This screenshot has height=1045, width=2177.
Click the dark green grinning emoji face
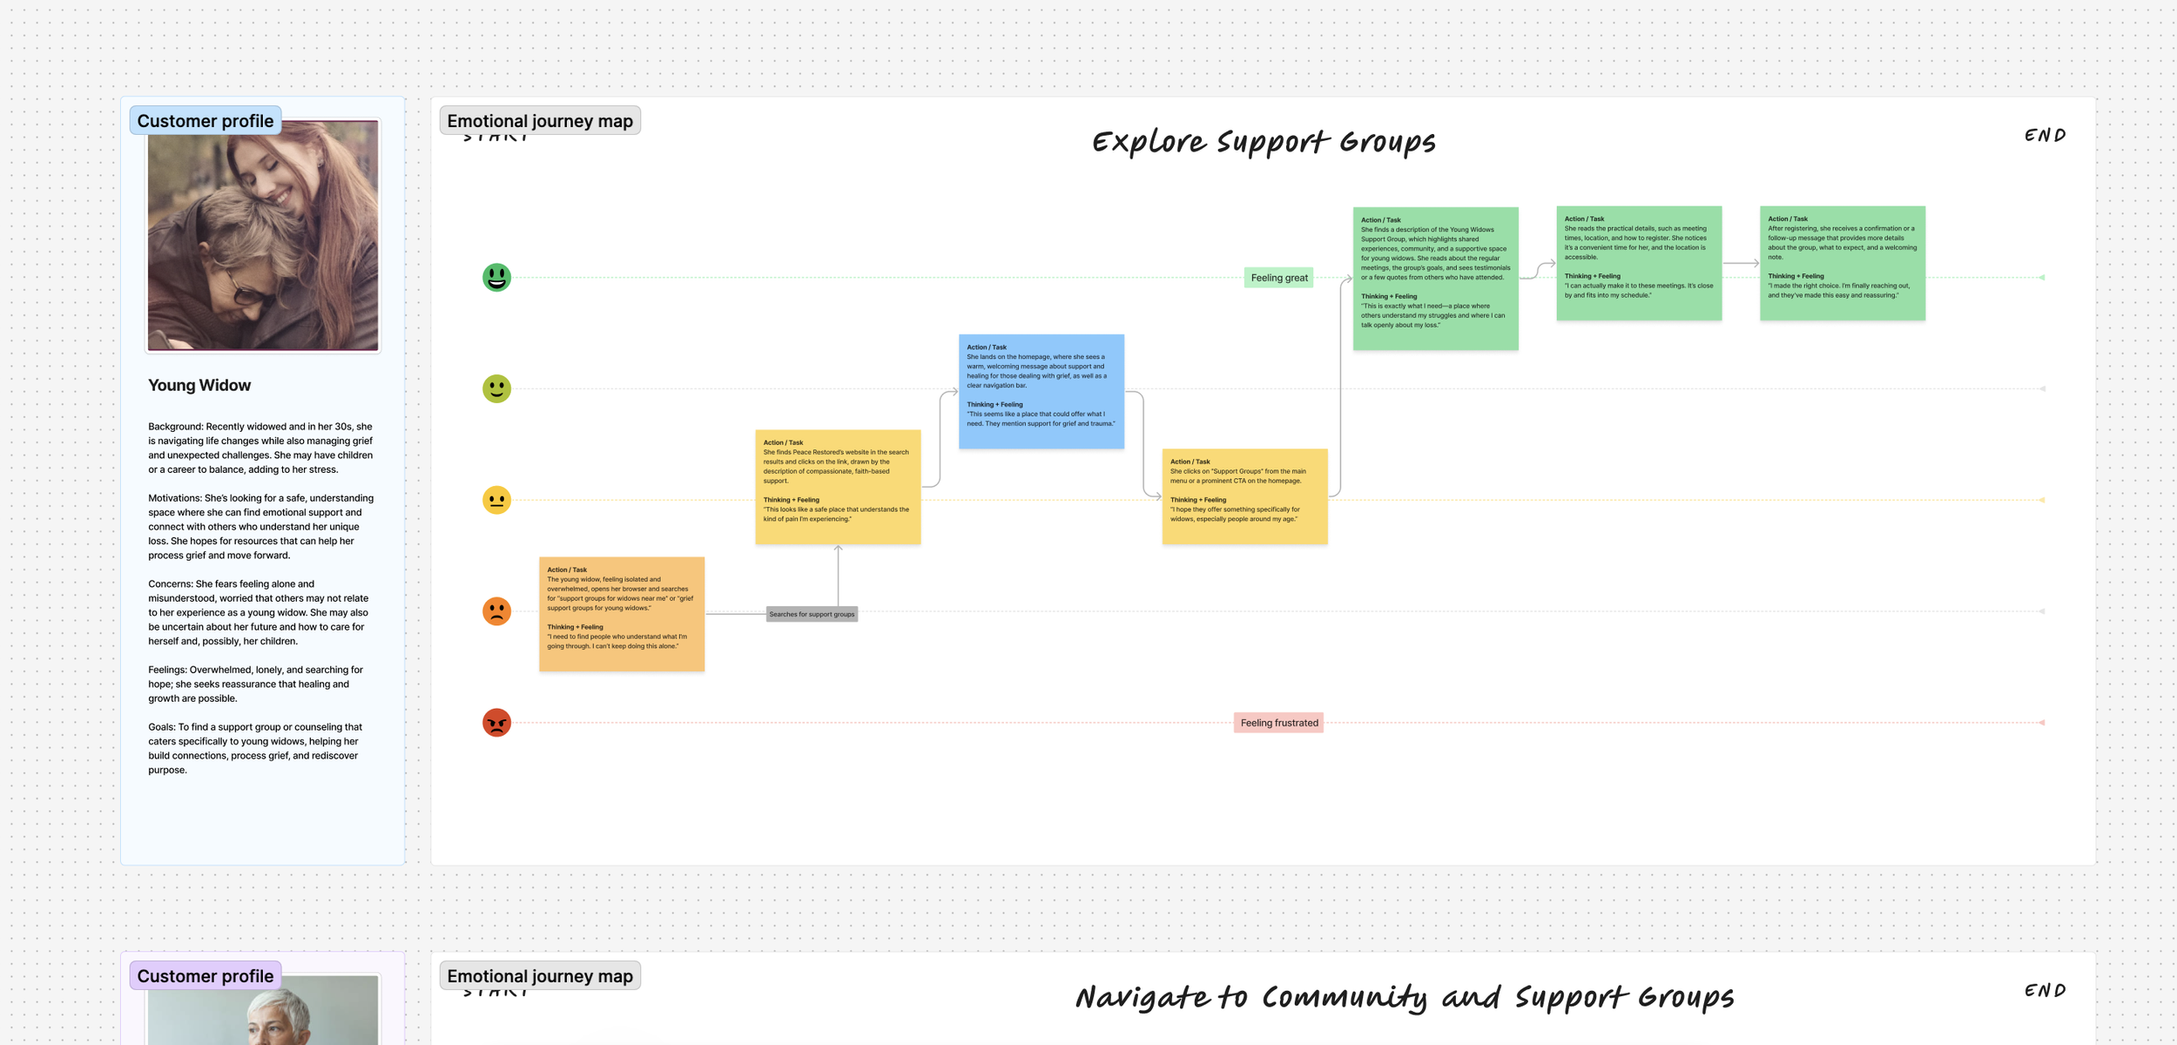coord(496,278)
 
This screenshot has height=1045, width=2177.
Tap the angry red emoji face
coord(496,723)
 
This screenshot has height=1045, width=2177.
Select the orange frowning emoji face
coord(496,611)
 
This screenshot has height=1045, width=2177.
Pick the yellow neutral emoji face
coord(496,500)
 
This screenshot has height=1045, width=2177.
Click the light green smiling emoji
coord(496,388)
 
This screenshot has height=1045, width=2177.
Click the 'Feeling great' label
coord(1278,278)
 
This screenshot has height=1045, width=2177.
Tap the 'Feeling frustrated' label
coord(1278,723)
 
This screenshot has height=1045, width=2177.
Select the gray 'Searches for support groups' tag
coord(812,614)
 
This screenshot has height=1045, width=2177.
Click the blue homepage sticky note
coord(1041,391)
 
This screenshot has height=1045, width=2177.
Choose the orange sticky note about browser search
coord(621,614)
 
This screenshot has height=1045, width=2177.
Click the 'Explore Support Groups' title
coord(1264,141)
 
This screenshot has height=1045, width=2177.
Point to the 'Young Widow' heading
coord(199,385)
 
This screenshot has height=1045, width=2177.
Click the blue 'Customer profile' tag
coord(206,121)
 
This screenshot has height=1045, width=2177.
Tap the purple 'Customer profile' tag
coord(206,976)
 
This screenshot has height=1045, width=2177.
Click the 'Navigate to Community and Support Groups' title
coord(1404,997)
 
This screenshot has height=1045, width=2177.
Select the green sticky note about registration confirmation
coord(1842,263)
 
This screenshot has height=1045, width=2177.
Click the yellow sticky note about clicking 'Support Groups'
coord(1244,496)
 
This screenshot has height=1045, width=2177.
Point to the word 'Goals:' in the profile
coord(162,727)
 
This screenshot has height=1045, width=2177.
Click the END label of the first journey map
coord(2045,135)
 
